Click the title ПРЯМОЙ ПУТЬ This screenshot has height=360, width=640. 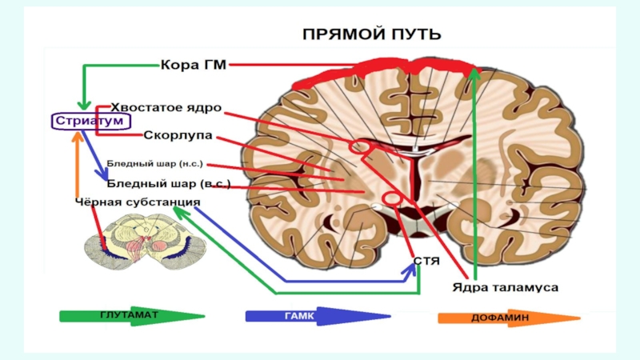coord(371,34)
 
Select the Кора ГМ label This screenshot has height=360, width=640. coord(194,66)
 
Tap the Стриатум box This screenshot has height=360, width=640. coord(79,121)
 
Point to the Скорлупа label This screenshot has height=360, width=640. coord(172,135)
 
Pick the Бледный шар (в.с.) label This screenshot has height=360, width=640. coord(169,183)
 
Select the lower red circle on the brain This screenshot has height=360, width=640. coord(392,197)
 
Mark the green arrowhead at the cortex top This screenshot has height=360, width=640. coord(474,74)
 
